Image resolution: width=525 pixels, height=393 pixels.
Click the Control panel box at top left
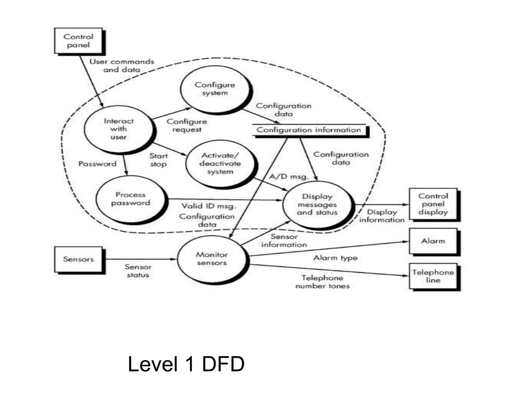click(x=78, y=41)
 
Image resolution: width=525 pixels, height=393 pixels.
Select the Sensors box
click(x=78, y=259)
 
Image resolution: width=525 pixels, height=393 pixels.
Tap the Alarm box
click(x=433, y=241)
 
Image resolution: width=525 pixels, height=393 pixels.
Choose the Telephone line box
click(x=433, y=276)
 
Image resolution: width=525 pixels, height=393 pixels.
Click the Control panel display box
click(x=433, y=204)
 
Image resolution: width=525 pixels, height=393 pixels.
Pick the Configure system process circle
click(x=215, y=89)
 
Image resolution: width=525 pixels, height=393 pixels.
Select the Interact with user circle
click(x=119, y=129)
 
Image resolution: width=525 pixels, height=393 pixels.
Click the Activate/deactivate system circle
click(x=220, y=164)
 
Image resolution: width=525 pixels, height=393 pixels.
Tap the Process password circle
click(x=130, y=199)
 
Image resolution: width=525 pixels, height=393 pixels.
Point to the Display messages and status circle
click(x=317, y=204)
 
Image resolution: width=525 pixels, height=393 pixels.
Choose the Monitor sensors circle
click(x=212, y=259)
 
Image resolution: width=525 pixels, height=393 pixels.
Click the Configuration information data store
click(x=309, y=130)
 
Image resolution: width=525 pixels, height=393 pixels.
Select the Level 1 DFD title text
click(x=186, y=364)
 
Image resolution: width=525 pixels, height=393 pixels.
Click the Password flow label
click(x=97, y=164)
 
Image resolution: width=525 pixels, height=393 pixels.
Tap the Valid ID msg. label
click(x=209, y=206)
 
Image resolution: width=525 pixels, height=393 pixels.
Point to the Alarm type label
click(x=335, y=258)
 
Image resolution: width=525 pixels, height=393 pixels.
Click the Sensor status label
click(x=138, y=271)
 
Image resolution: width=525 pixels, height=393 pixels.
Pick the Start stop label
click(x=158, y=160)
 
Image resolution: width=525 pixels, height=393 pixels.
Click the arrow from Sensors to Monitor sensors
click(x=141, y=259)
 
